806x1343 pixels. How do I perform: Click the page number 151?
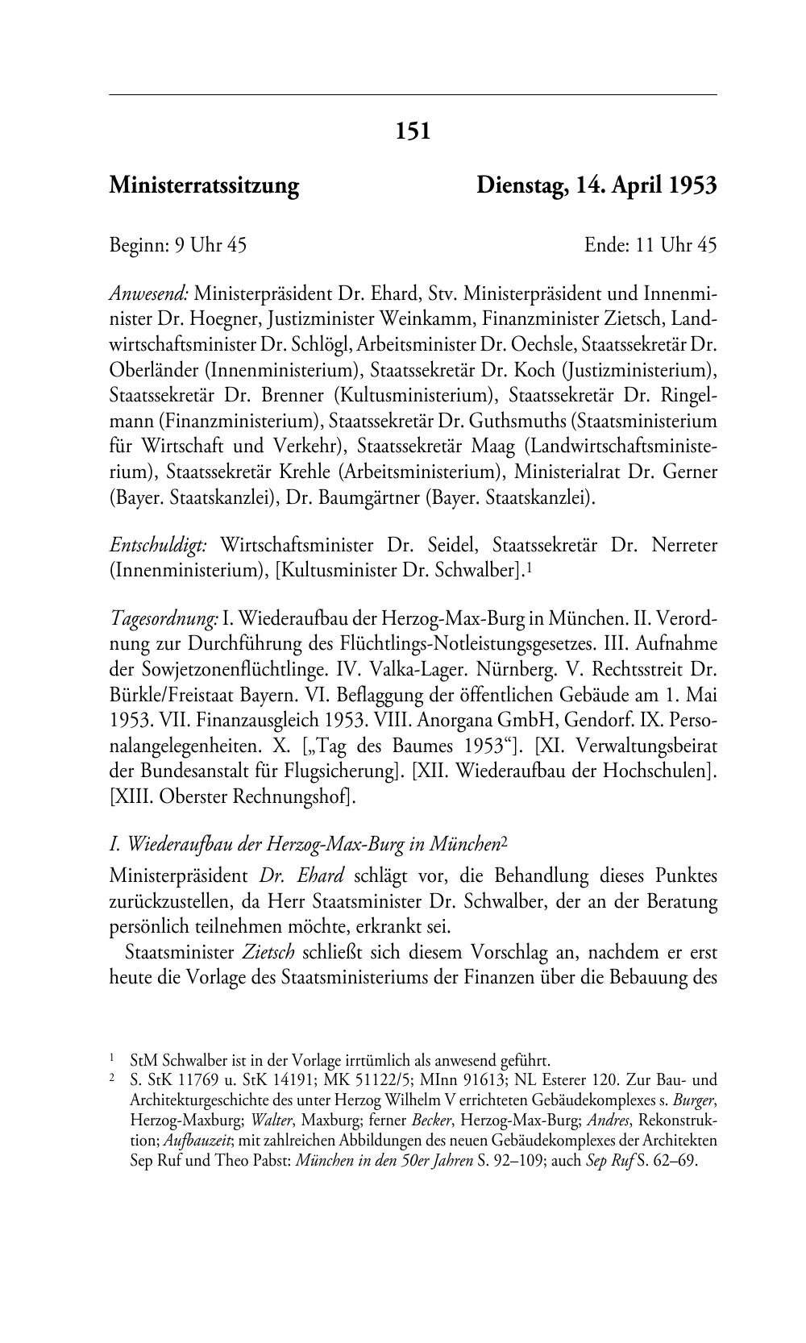point(413,131)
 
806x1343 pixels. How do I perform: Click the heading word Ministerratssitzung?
point(204,186)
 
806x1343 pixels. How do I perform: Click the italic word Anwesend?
point(148,292)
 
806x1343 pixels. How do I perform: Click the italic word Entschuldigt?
point(158,546)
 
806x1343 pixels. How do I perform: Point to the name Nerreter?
point(684,546)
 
